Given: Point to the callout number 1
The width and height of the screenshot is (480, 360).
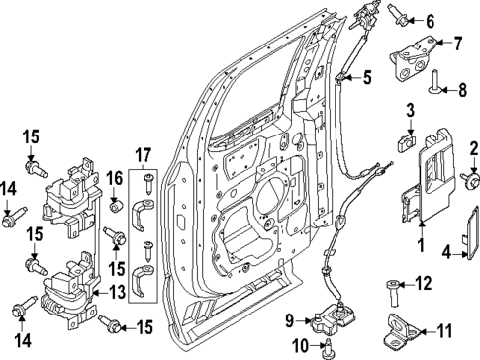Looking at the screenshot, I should pyautogui.click(x=421, y=243).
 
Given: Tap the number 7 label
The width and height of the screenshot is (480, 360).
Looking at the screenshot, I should pyautogui.click(x=458, y=43).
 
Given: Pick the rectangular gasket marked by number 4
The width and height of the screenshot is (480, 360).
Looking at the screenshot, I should pyautogui.click(x=471, y=239).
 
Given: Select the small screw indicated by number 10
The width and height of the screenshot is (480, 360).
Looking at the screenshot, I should pyautogui.click(x=327, y=343).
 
